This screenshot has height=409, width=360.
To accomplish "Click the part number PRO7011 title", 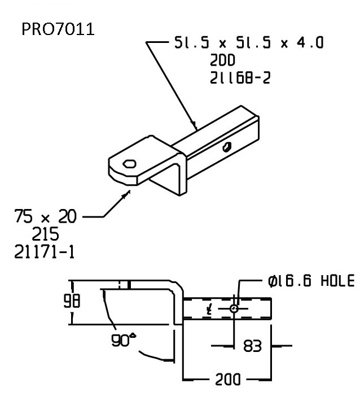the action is pyautogui.click(x=58, y=29).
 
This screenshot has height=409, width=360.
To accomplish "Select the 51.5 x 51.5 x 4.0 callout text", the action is pyautogui.click(x=249, y=42).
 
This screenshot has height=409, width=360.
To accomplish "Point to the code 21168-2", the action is pyautogui.click(x=240, y=78).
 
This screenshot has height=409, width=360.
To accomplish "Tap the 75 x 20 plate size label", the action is pyautogui.click(x=46, y=216).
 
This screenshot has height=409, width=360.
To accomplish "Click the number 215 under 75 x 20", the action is pyautogui.click(x=45, y=234).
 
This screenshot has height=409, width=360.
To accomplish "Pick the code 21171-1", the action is pyautogui.click(x=44, y=252).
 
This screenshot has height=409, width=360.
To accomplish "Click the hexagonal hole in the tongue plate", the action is pyautogui.click(x=129, y=164).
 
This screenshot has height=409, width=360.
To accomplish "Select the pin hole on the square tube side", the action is pyautogui.click(x=227, y=147).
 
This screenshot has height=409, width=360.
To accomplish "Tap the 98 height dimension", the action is pyautogui.click(x=72, y=301).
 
